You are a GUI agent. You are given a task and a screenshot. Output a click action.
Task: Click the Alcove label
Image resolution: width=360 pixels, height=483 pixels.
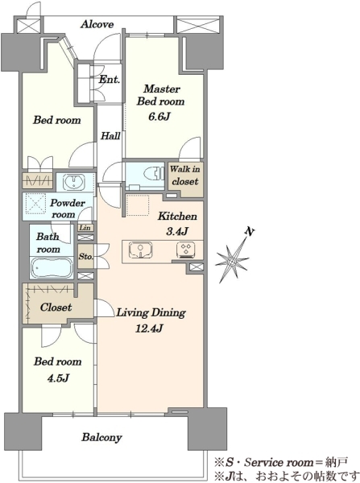coord(97,24)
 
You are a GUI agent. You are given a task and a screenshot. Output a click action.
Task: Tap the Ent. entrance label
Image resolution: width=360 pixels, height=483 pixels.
coord(109,80)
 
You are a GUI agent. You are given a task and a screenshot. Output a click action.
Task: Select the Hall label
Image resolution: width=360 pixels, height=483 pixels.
coord(110,136)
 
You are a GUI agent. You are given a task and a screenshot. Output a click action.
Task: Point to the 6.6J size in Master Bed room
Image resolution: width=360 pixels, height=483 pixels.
coord(159,117)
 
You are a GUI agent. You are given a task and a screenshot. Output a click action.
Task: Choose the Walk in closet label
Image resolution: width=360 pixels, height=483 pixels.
coord(185,175)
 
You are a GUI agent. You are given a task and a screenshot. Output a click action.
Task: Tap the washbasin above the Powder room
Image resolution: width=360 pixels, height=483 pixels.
coord(73,182)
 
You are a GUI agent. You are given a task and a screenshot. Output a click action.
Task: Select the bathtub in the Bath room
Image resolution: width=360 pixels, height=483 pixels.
coord(52,268)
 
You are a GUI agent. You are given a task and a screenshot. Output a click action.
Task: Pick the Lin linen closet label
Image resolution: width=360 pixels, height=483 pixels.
coord(85,228)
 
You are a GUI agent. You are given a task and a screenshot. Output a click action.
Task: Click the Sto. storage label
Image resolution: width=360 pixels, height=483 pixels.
coord(85,256)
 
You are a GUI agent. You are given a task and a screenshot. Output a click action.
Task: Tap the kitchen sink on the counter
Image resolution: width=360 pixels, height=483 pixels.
coord(141,250)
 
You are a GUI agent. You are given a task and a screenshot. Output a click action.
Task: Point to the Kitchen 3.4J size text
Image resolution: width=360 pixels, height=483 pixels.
coord(177,231)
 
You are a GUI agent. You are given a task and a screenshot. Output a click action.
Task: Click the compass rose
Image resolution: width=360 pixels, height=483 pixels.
coord(232,261)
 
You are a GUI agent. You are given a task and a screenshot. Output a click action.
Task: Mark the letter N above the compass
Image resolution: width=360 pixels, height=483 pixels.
coord(249,231)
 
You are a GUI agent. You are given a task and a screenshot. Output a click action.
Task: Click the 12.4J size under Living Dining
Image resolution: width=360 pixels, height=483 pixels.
coord(149,328)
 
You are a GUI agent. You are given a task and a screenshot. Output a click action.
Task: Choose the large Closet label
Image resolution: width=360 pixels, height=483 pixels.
coord(56,308)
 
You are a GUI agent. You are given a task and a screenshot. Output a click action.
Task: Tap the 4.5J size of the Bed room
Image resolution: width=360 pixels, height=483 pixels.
coord(58,378)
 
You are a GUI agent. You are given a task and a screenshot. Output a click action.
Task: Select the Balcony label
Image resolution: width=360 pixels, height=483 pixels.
coord(101,437)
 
